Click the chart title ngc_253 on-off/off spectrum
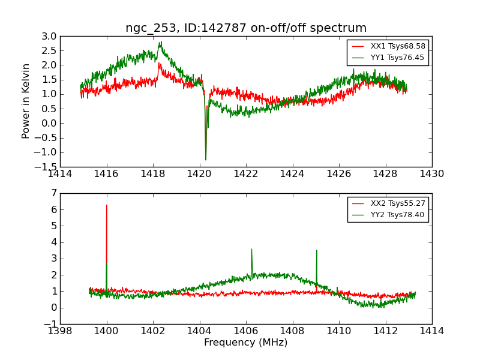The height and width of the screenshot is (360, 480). click(x=246, y=28)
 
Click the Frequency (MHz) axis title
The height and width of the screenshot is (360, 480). click(x=246, y=343)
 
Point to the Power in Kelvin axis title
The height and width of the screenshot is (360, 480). click(x=26, y=101)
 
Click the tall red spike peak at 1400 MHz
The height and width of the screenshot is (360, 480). click(x=107, y=205)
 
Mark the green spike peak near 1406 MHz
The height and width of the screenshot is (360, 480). click(x=251, y=249)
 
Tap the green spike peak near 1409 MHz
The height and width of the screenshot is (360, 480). click(x=316, y=250)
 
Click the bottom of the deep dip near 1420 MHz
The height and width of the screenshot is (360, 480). click(x=206, y=160)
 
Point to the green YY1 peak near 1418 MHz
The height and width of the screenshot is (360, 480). click(x=160, y=42)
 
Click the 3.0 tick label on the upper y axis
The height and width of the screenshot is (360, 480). click(x=49, y=36)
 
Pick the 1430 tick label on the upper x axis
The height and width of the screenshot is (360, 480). click(x=431, y=174)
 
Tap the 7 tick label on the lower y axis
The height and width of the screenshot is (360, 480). click(x=53, y=193)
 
